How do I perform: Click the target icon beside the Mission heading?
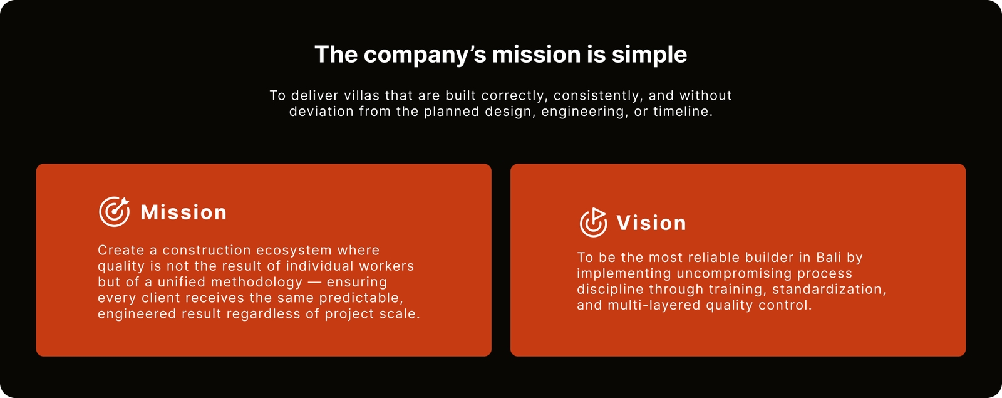(114, 211)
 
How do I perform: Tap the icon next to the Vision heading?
(593, 222)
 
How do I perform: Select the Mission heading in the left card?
(183, 212)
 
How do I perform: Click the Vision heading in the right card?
(651, 223)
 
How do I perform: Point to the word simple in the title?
(649, 55)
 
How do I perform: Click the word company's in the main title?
(428, 55)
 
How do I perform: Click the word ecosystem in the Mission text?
(294, 250)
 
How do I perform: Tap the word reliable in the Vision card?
(717, 258)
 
